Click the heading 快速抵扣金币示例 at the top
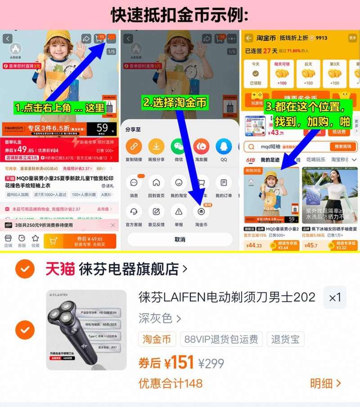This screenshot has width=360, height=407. tap(180, 15)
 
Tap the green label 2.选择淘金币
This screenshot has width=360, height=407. tap(175, 102)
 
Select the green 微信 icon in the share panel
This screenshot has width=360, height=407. tap(179, 147)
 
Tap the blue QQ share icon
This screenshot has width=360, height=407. tap(224, 147)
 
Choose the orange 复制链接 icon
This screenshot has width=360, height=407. tap(134, 147)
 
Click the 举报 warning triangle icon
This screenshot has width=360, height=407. tap(179, 211)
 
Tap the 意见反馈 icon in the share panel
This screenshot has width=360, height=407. tap(156, 211)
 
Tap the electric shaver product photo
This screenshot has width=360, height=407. tap(86, 330)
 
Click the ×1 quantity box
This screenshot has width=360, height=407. tap(335, 297)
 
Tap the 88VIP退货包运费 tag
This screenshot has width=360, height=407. tap(221, 339)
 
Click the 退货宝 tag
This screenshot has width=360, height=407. tap(285, 339)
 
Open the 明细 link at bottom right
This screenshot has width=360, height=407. tap(325, 383)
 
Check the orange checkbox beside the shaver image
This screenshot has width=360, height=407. tap(25, 330)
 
